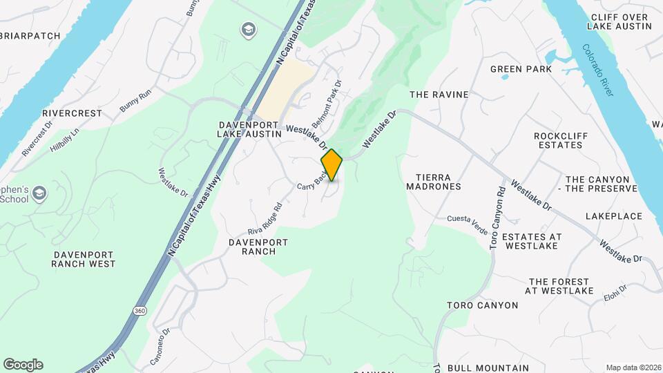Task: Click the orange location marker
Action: point(331,164)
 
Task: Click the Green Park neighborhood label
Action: point(521,69)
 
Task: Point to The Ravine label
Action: point(439,95)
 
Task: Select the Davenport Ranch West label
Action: point(84,259)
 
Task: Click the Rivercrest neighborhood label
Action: point(72,113)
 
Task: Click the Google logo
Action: point(23,365)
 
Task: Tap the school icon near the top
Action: point(247,30)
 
